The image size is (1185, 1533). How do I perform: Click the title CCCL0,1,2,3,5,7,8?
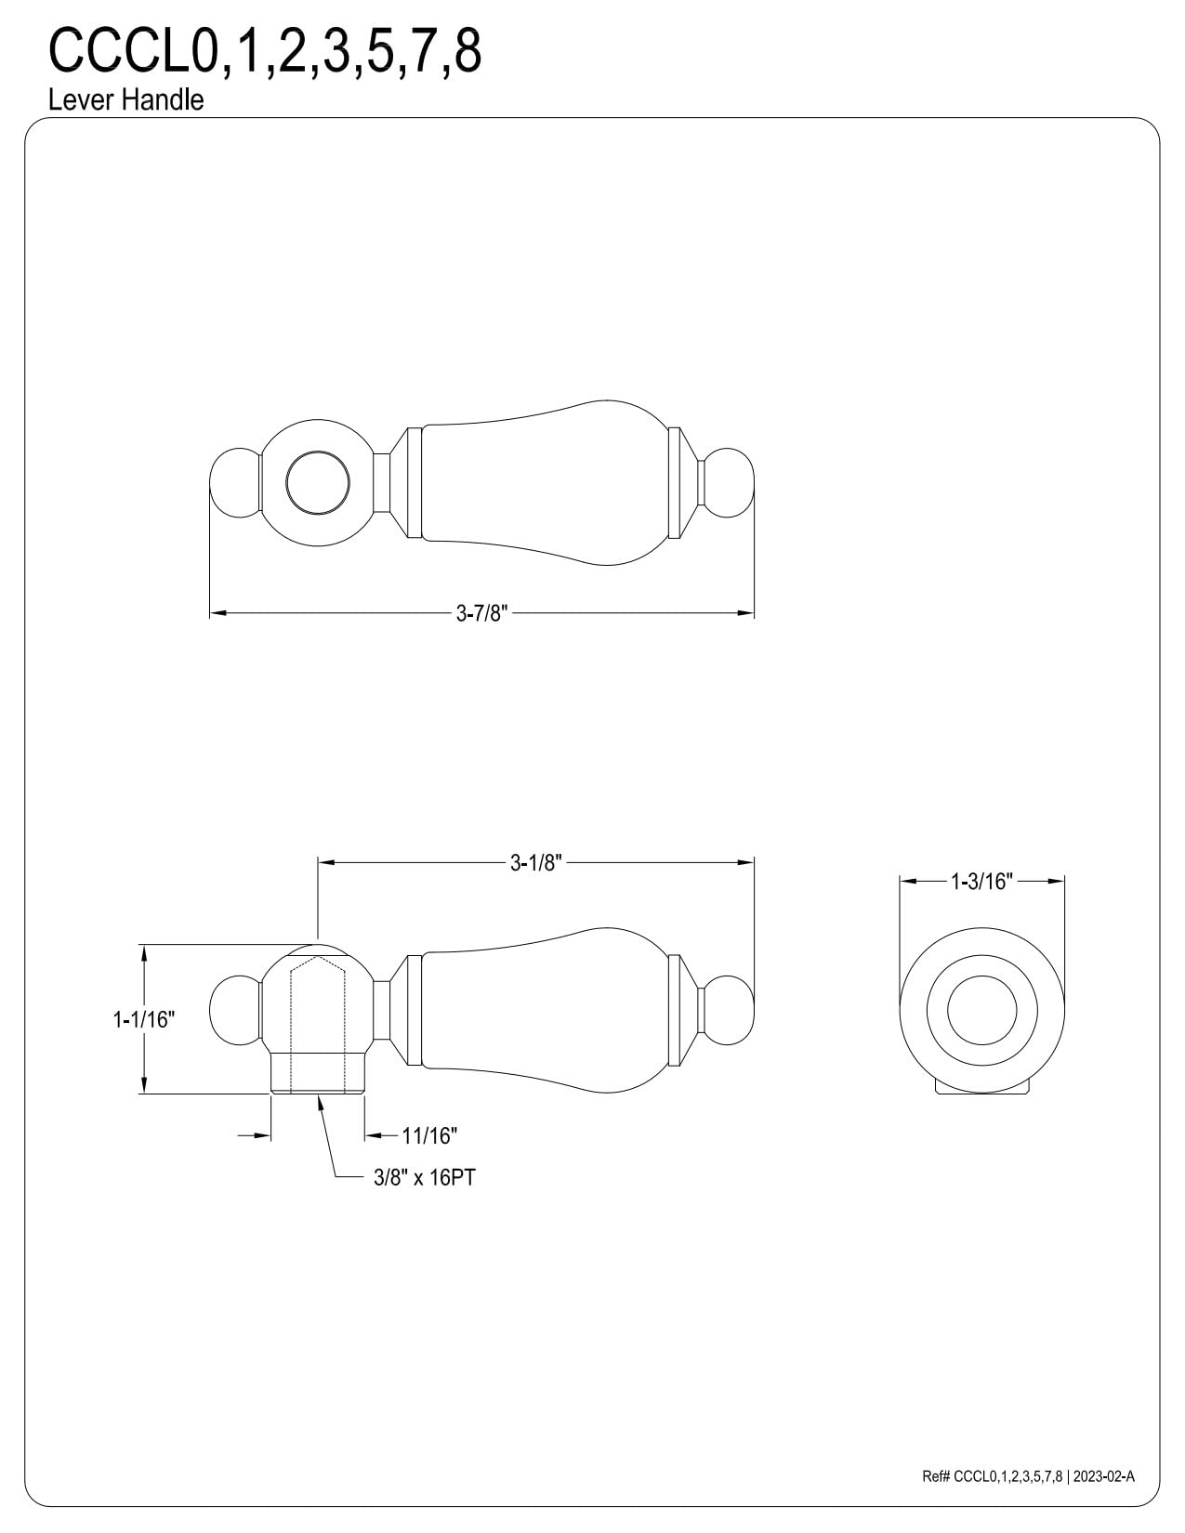coord(265,51)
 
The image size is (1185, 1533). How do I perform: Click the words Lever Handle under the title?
coord(125,100)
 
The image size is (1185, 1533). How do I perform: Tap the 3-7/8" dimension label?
coord(482,613)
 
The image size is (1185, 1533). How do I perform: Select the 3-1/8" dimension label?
coord(536,862)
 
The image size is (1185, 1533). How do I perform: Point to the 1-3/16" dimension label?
coord(981,881)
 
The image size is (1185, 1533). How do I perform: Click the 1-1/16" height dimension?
coord(144,1019)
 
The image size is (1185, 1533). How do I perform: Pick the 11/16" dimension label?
coord(429,1136)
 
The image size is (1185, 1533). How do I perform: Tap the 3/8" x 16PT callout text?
coord(424,1177)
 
